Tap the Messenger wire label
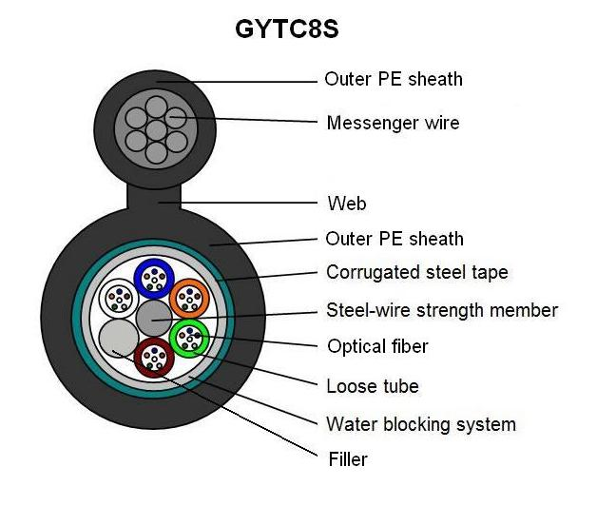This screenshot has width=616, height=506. coord(393,123)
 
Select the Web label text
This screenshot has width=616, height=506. coord(346,203)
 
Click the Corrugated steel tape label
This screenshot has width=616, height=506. coord(416,273)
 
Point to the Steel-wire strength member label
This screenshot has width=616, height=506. coord(441,310)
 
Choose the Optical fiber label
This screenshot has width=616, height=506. coord(377,346)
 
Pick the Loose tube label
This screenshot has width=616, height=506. coord(372,385)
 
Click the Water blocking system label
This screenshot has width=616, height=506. coord(420,424)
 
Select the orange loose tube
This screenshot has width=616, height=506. coord(188,298)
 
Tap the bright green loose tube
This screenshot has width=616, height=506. coord(189,337)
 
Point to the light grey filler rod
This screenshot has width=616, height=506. coord(118,339)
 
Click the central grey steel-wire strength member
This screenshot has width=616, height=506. coord(153,318)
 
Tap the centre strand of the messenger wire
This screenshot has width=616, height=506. coord(153,124)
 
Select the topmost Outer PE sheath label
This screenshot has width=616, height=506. coord(394,79)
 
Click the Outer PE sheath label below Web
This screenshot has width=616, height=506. coord(395,238)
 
